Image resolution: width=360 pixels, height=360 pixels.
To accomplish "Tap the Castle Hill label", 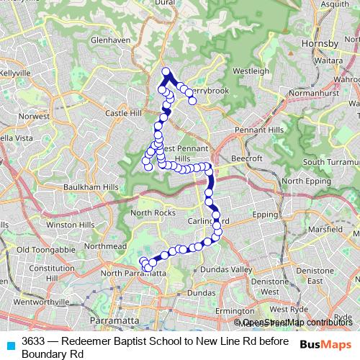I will click(125, 113).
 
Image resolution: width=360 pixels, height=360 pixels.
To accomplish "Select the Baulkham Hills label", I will click(90, 186).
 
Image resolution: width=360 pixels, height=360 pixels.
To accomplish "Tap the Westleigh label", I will click(251, 71).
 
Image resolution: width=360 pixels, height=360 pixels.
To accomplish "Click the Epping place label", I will click(264, 215).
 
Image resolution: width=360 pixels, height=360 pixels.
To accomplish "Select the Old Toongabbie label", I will click(45, 250).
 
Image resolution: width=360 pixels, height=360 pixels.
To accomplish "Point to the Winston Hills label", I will click(70, 225).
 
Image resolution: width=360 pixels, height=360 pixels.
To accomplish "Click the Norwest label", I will click(34, 115).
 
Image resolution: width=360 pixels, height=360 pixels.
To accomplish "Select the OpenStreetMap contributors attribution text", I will click(296, 322).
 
